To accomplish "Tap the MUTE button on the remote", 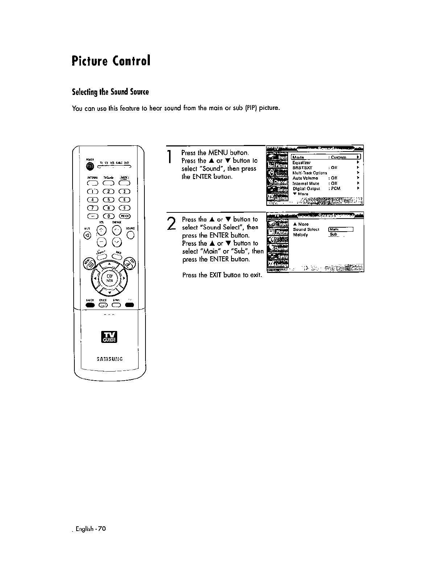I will (87, 235).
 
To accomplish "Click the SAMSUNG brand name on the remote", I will (110, 359).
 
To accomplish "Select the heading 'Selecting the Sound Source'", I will (110, 92).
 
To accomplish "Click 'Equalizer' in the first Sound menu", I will (301, 162).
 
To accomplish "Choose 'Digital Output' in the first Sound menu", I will (306, 188).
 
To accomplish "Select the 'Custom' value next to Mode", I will (339, 157).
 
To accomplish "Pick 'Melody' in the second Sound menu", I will (300, 235).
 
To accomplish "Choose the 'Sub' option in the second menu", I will (333, 235).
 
